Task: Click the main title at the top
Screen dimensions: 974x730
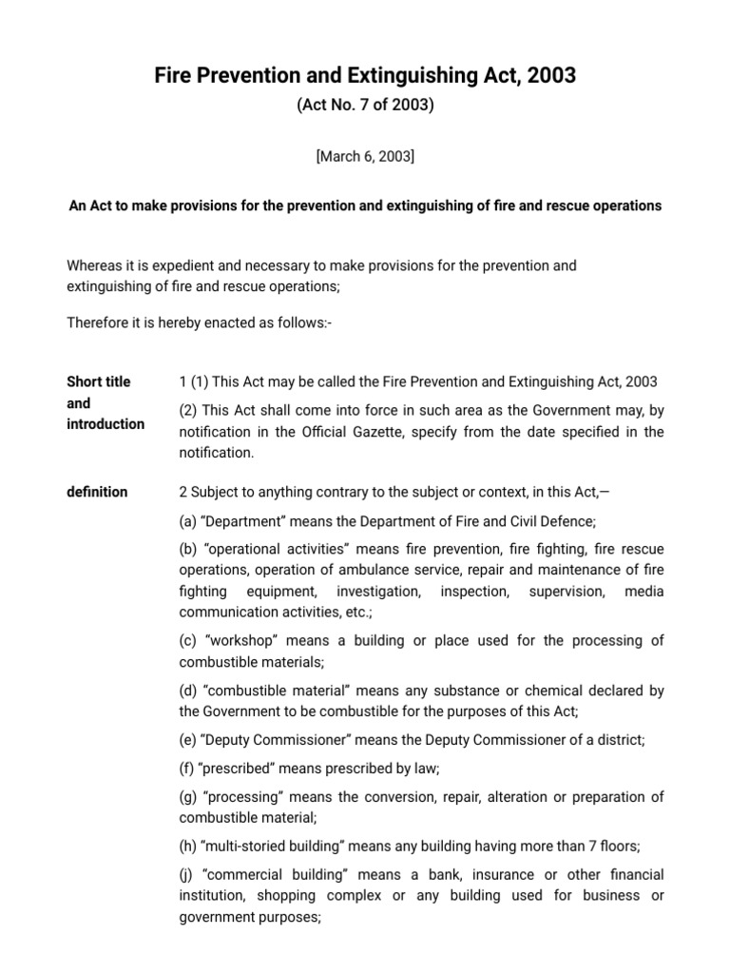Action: (x=365, y=76)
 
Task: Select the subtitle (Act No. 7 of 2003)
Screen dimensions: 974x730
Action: (x=365, y=106)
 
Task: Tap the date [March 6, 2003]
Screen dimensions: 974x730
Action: (x=365, y=157)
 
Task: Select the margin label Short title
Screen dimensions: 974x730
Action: (x=99, y=381)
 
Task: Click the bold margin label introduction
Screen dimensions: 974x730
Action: (x=106, y=424)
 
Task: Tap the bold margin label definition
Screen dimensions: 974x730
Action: (x=97, y=492)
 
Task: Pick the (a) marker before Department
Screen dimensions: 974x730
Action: (x=188, y=520)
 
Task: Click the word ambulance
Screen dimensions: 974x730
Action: (x=402, y=570)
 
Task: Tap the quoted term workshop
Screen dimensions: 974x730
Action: (x=240, y=640)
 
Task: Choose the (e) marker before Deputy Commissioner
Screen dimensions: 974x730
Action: (x=188, y=739)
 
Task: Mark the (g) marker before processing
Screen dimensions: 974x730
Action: (x=188, y=796)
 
